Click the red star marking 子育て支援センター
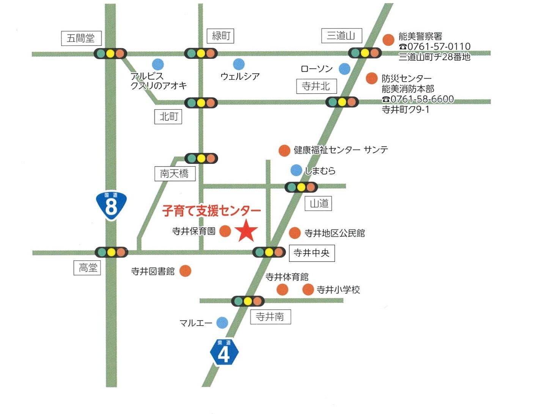tap(246, 231)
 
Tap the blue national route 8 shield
tap(111, 205)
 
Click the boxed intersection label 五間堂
tap(81, 38)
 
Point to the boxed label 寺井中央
tap(311, 253)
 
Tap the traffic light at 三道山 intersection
tap(365, 53)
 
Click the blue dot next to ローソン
tap(344, 69)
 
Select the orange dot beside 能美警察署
tap(388, 39)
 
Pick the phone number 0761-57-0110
tap(435, 46)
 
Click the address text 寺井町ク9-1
tap(405, 110)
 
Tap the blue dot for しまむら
tap(296, 170)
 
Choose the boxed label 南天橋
tap(174, 173)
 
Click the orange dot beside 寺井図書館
tap(185, 271)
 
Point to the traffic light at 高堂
tap(111, 252)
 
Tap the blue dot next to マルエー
tap(222, 323)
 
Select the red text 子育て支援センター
tap(211, 211)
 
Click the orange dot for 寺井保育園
tap(225, 231)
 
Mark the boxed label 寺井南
tap(270, 316)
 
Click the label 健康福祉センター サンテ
tap(341, 150)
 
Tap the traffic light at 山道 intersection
tap(301, 187)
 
